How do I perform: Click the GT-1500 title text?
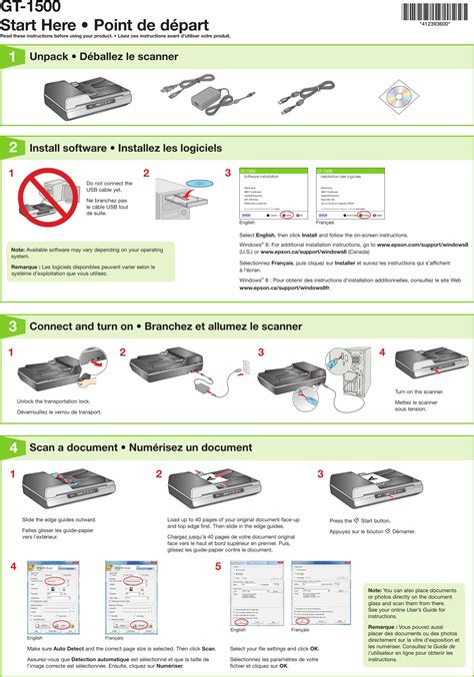click(x=28, y=6)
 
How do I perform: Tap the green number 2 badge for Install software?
click(x=12, y=147)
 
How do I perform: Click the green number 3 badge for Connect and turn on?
click(x=12, y=326)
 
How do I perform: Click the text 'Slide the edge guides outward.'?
click(x=59, y=520)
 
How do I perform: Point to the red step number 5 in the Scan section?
click(x=218, y=566)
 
